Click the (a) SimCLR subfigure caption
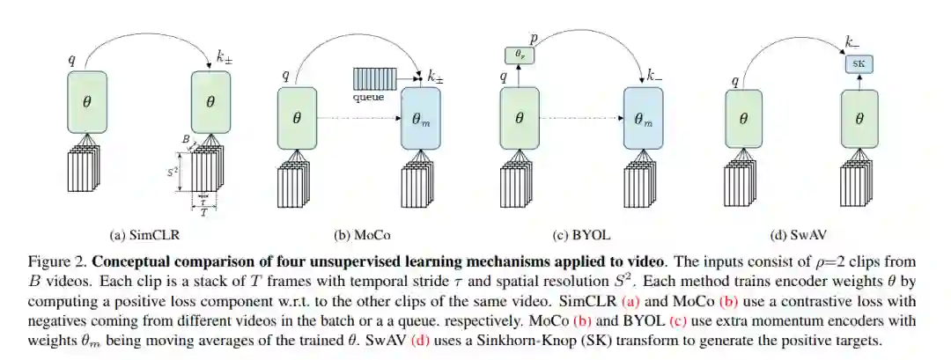[x=140, y=235]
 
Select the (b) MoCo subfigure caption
[x=362, y=235]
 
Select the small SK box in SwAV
[x=856, y=64]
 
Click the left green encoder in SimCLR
[x=86, y=102]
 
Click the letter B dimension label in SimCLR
[x=185, y=139]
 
